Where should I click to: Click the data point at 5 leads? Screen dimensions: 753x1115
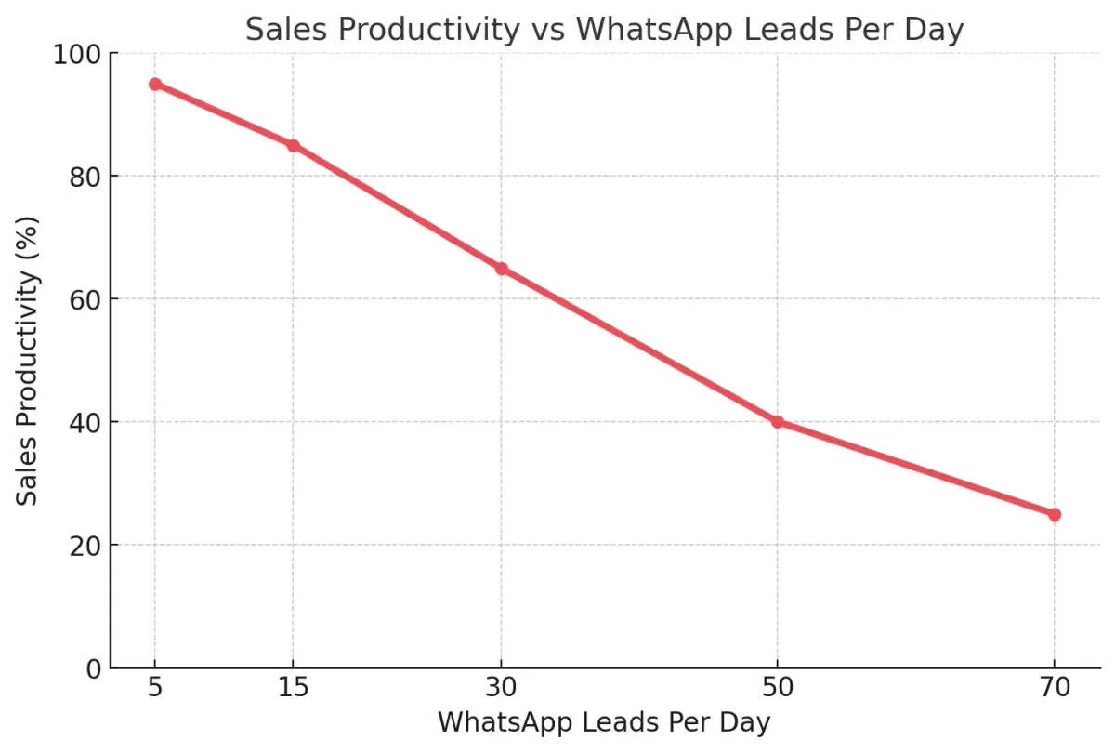click(155, 84)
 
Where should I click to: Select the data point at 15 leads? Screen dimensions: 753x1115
click(294, 145)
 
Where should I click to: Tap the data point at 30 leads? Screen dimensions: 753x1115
click(502, 269)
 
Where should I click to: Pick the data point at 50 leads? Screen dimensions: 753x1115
click(778, 422)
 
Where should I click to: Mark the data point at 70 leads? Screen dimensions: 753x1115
click(1055, 514)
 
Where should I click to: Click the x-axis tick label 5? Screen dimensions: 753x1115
click(155, 690)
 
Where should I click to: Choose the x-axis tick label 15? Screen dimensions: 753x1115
click(294, 690)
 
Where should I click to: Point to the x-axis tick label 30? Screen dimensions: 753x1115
click(502, 690)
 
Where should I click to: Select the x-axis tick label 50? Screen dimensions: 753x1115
click(778, 690)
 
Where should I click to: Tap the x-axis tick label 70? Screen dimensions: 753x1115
click(1055, 690)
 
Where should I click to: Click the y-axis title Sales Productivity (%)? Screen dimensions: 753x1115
click(30, 361)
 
